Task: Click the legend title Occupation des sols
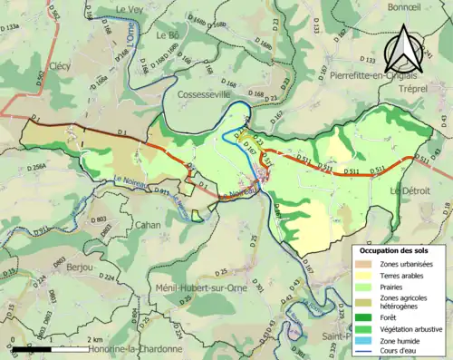click(x=394, y=249)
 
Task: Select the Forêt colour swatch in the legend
click(x=367, y=317)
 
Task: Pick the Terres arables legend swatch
click(x=367, y=275)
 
